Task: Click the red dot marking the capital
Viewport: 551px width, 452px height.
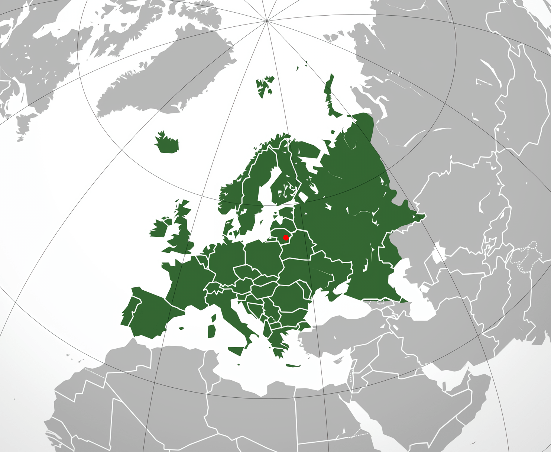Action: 285,238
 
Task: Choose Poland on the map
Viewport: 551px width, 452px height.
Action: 264,256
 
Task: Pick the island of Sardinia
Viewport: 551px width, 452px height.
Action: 212,331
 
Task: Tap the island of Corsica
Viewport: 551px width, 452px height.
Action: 214,318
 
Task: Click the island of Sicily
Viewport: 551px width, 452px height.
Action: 236,351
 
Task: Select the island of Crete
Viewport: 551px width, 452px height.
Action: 293,365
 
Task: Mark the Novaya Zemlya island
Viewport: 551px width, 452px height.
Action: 329,97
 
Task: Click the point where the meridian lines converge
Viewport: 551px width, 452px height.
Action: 267,21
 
